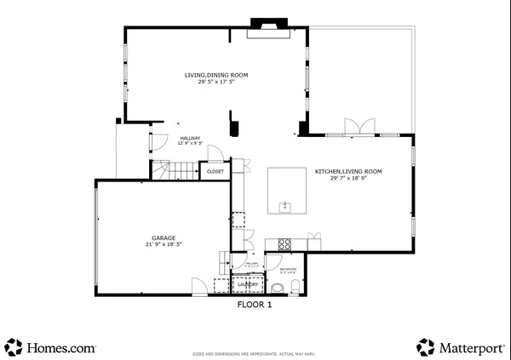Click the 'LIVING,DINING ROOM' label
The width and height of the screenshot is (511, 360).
click(x=216, y=76)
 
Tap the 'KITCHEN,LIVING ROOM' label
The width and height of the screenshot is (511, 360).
click(x=348, y=172)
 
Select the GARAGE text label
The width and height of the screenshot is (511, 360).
click(x=164, y=237)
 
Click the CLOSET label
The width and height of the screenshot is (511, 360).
click(x=215, y=172)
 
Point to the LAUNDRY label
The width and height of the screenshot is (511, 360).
click(x=236, y=285)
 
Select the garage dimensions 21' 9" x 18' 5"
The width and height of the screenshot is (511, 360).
click(x=164, y=244)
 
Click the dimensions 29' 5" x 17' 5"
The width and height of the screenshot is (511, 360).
click(x=216, y=83)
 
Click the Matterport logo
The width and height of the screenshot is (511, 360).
click(x=460, y=347)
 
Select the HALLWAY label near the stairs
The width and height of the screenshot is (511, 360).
click(x=190, y=139)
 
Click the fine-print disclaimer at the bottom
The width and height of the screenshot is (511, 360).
click(x=255, y=353)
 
